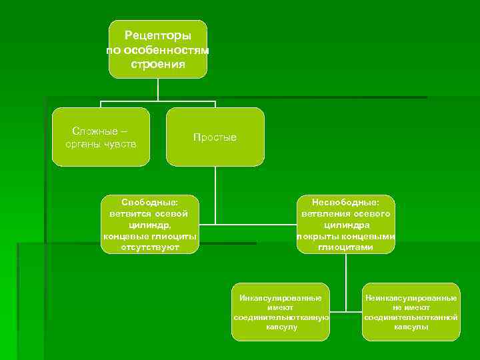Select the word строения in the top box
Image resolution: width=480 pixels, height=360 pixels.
coord(158,65)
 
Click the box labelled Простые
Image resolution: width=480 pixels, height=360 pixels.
coord(215,137)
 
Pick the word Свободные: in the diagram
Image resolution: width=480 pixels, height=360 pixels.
coord(149,201)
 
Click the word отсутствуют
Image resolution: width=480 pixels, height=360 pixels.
coord(149,247)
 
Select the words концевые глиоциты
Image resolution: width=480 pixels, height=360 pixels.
coord(149,236)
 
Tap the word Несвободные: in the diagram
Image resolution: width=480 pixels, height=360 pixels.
coord(345,201)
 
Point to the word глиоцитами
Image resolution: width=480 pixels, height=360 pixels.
coord(345,247)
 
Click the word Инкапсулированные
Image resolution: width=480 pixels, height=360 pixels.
coord(281,297)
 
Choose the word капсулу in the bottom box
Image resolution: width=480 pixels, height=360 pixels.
coord(281,327)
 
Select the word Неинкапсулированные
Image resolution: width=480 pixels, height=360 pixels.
coord(411,297)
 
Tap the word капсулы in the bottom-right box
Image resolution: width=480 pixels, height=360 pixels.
coord(411,327)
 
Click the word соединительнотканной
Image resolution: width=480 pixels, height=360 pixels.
coord(411,317)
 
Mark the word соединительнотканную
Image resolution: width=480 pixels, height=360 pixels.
coord(281,317)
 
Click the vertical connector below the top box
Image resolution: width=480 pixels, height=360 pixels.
coord(158,89)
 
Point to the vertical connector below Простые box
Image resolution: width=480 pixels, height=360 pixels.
coord(215,193)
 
